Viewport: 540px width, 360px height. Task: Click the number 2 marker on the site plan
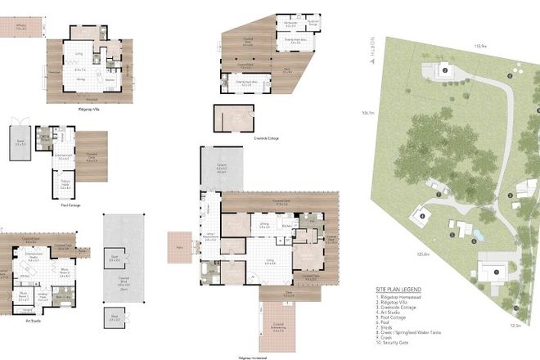[x=445, y=70]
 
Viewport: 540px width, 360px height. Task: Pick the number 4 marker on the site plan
[x=422, y=216]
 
